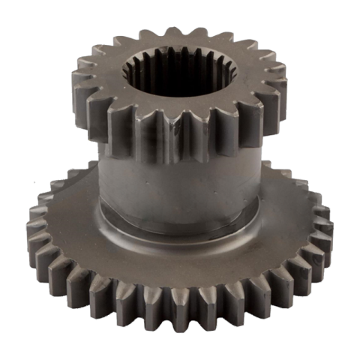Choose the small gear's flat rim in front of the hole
coord(180,105)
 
